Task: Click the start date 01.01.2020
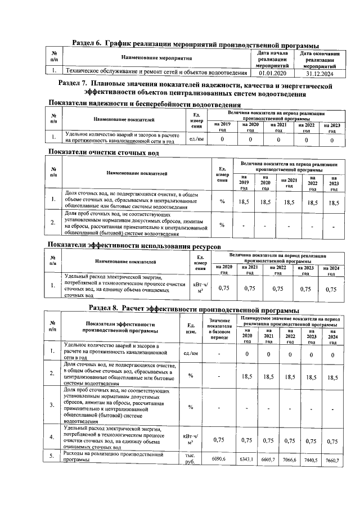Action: tap(272, 73)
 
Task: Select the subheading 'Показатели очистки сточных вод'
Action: tap(103, 152)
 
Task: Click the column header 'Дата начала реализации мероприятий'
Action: tap(272, 59)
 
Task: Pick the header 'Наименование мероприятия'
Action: tap(156, 58)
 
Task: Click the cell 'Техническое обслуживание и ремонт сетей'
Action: tap(156, 73)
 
